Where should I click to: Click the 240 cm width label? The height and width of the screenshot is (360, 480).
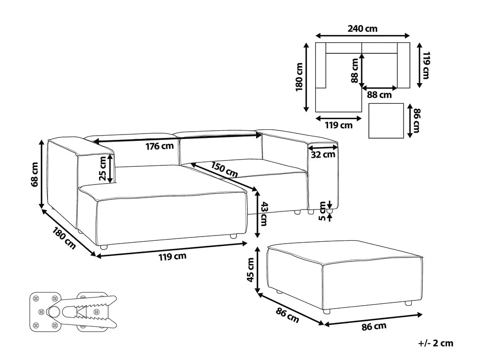pyautogui.click(x=362, y=29)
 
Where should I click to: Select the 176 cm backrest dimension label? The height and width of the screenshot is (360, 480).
pyautogui.click(x=160, y=146)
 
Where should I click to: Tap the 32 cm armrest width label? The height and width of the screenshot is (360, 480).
pyautogui.click(x=323, y=155)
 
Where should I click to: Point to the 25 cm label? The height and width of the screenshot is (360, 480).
pyautogui.click(x=103, y=168)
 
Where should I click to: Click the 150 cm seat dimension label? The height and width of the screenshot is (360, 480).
pyautogui.click(x=224, y=169)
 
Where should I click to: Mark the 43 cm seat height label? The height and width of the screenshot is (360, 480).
pyautogui.click(x=264, y=214)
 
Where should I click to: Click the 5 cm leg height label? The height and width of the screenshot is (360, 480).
pyautogui.click(x=322, y=211)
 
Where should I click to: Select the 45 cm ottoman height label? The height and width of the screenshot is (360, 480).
pyautogui.click(x=250, y=270)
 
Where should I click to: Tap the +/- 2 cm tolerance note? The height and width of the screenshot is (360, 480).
pyautogui.click(x=436, y=343)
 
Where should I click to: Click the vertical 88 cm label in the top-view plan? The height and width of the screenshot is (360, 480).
pyautogui.click(x=355, y=71)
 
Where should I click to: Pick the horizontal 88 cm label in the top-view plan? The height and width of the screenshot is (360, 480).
pyautogui.click(x=379, y=95)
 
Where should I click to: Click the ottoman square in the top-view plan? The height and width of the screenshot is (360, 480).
pyautogui.click(x=386, y=121)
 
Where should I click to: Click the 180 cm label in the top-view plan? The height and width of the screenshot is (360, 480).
pyautogui.click(x=299, y=77)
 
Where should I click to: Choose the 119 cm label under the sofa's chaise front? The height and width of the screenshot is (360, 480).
pyautogui.click(x=172, y=256)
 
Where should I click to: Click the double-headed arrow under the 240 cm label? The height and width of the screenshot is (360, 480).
pyautogui.click(x=362, y=36)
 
